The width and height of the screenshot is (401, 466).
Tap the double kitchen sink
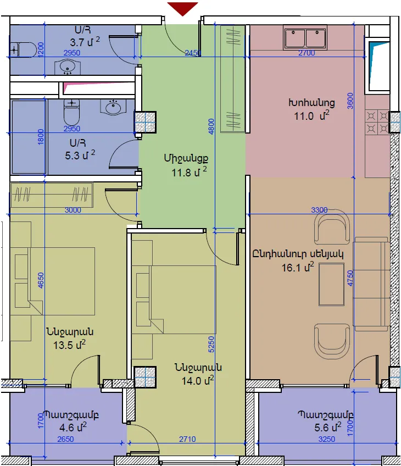tap(305, 38)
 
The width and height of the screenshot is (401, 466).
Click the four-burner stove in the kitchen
tap(377, 122)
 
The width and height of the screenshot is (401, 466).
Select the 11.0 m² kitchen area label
tap(311, 115)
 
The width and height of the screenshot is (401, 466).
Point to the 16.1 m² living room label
tap(298, 267)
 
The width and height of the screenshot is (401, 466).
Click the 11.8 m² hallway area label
tap(189, 172)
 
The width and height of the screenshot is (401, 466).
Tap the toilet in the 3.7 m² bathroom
tap(23, 49)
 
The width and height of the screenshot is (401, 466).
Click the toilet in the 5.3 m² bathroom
tap(71, 112)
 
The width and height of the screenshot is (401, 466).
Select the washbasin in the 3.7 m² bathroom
tap(68, 67)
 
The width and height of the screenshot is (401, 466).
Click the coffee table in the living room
tap(331, 285)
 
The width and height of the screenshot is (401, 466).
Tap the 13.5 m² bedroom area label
tap(69, 345)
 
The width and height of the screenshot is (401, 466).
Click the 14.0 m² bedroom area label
tap(198, 380)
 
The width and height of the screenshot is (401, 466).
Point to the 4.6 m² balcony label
tap(73, 428)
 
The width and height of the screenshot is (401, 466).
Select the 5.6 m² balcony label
tap(327, 428)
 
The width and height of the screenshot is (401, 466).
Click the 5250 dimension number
tap(211, 344)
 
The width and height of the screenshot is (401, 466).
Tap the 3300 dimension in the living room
tap(319, 210)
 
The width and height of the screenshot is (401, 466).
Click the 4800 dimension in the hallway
tap(211, 126)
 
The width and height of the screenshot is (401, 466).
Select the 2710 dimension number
tap(187, 439)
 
